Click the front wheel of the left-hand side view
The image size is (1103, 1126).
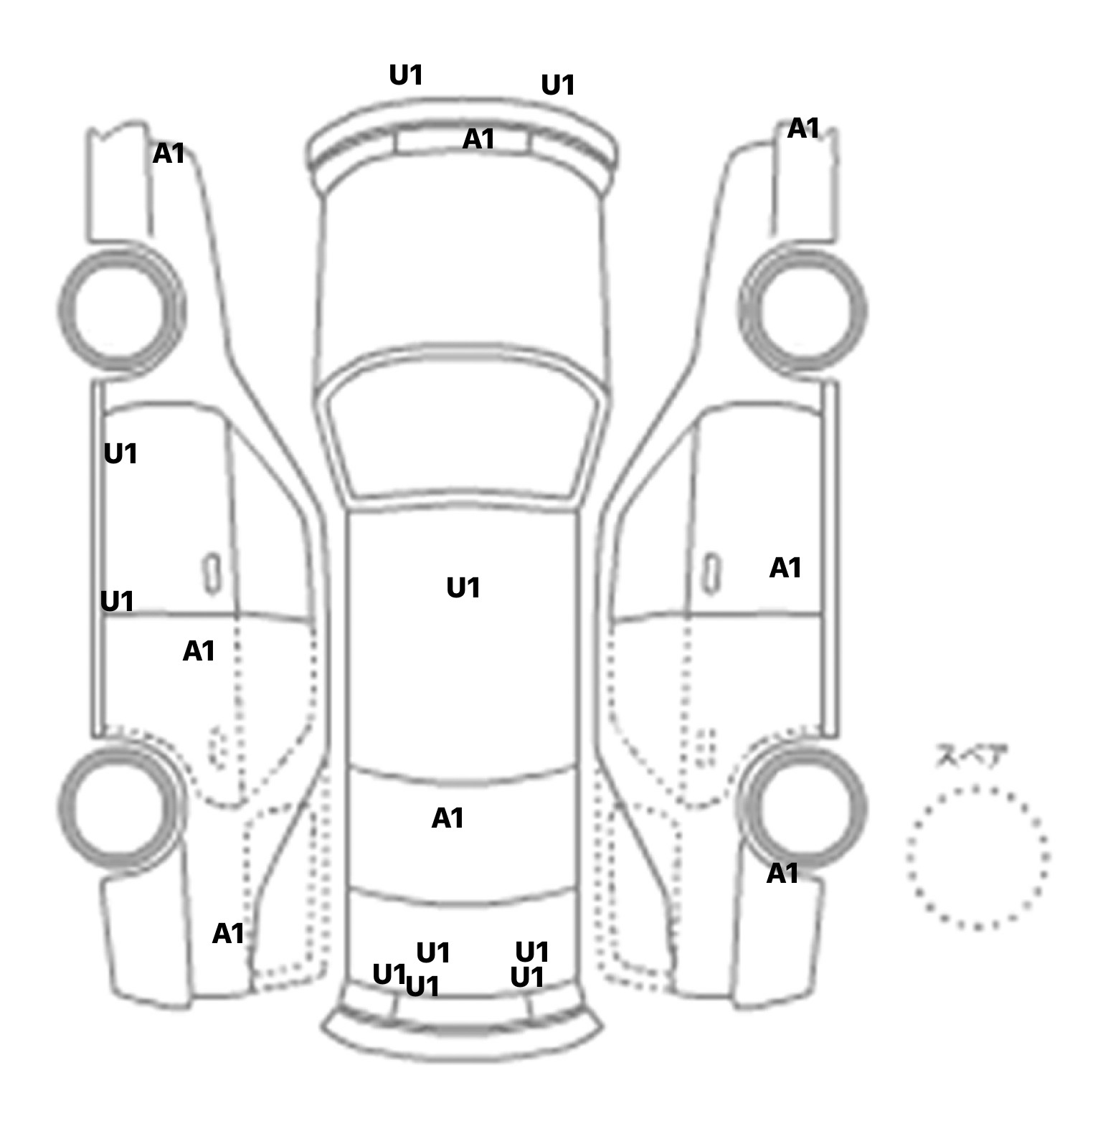(x=120, y=309)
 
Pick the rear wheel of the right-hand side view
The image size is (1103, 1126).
(x=803, y=805)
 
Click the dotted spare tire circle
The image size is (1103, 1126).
(x=977, y=857)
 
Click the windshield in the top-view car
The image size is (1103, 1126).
(x=463, y=430)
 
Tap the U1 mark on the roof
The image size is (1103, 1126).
(x=463, y=588)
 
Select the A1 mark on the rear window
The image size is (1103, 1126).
(x=448, y=818)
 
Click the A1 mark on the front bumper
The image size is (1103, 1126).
(x=478, y=139)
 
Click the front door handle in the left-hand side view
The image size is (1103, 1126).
(x=212, y=573)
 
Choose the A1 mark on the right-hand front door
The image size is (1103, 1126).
(x=785, y=569)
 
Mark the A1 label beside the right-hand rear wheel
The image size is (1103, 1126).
(x=782, y=874)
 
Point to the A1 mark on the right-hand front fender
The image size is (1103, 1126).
(x=803, y=129)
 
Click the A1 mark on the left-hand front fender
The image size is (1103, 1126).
(x=169, y=153)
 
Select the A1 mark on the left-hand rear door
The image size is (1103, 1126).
(x=199, y=651)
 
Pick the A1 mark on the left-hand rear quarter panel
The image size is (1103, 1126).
(x=228, y=934)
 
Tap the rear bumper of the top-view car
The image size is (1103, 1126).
(x=463, y=1036)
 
